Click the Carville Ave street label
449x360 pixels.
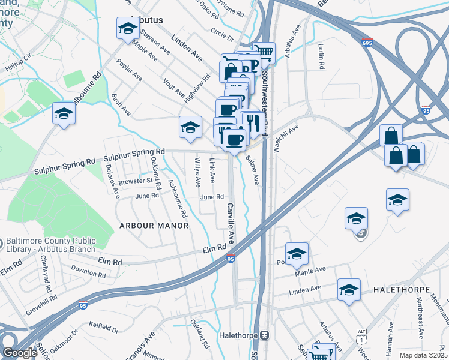coord(231,223)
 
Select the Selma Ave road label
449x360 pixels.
coord(252,170)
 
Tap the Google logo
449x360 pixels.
coord(20,353)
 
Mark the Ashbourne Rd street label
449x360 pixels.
coord(178,199)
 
